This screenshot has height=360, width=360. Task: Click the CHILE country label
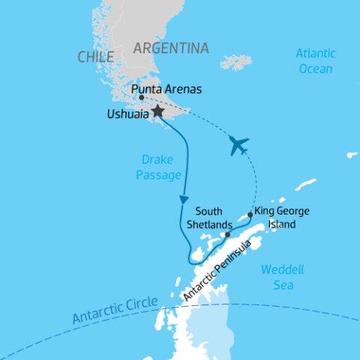[95, 57]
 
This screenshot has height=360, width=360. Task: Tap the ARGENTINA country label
[170, 48]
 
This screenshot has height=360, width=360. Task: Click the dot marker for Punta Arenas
[141, 97]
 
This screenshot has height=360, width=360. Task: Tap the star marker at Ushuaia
[157, 112]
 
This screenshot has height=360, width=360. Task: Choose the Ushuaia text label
[128, 115]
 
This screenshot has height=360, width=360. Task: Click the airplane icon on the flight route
[239, 145]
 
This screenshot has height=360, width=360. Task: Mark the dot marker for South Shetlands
[226, 235]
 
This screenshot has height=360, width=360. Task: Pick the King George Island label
[282, 217]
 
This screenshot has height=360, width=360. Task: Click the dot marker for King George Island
[250, 214]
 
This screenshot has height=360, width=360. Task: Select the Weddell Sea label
[278, 277]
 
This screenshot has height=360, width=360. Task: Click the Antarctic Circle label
[115, 310]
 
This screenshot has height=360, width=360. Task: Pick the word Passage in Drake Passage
[160, 175]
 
